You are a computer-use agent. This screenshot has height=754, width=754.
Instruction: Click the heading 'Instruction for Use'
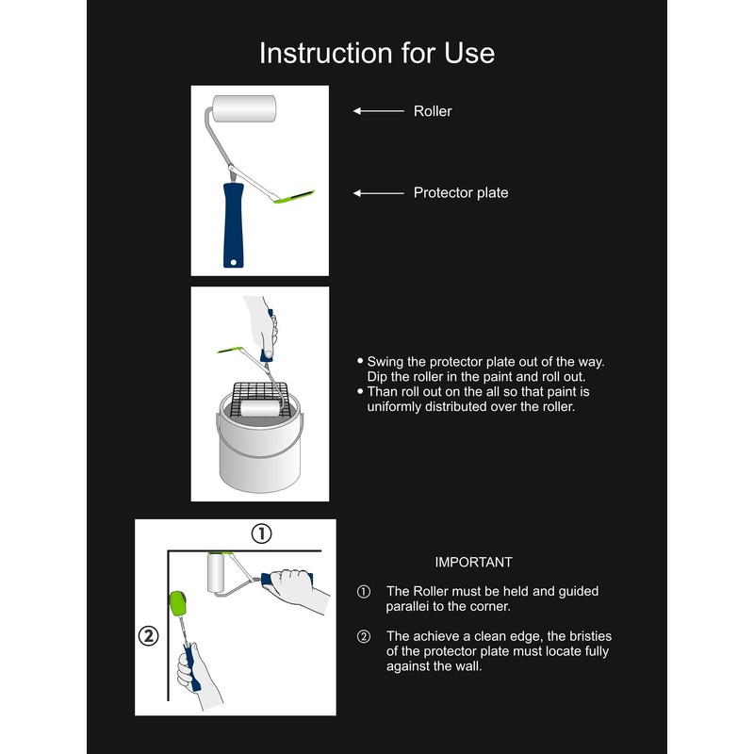click(x=377, y=53)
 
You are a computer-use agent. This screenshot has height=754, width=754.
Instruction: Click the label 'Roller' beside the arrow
click(x=433, y=111)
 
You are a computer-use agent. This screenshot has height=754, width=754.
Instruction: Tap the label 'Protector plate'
click(x=461, y=193)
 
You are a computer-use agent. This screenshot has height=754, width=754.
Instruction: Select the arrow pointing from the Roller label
click(x=378, y=111)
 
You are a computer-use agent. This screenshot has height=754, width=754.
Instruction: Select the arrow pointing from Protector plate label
click(x=378, y=193)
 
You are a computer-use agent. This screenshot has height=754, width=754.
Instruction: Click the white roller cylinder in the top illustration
click(x=244, y=110)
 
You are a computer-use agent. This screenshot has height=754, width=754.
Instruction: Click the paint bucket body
click(x=259, y=457)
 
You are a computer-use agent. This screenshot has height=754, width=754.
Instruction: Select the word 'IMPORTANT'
click(x=473, y=563)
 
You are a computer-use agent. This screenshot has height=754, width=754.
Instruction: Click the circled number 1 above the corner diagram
click(x=261, y=533)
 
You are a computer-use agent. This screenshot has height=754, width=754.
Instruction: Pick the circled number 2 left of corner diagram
click(x=148, y=635)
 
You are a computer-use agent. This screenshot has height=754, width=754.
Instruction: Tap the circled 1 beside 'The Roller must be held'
click(x=364, y=592)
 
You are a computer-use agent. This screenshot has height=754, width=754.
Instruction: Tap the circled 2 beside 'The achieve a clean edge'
click(x=364, y=637)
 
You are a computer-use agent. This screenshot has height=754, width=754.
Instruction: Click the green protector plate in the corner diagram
click(x=176, y=601)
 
